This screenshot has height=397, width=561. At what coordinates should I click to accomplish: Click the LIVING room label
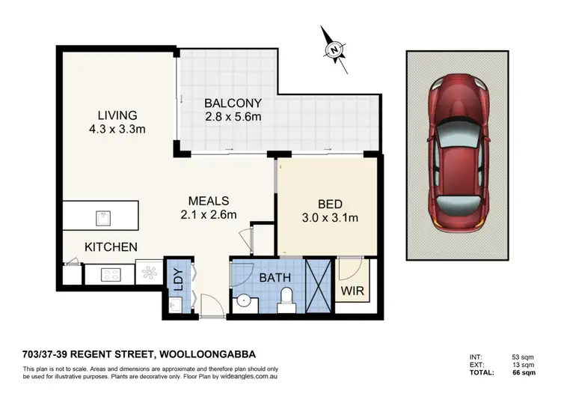(x=117, y=115)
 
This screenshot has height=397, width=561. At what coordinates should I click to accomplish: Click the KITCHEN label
(x=110, y=246)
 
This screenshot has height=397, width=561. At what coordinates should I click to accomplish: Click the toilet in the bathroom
(x=284, y=302)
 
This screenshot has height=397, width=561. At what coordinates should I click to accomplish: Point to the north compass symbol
(x=334, y=50)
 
